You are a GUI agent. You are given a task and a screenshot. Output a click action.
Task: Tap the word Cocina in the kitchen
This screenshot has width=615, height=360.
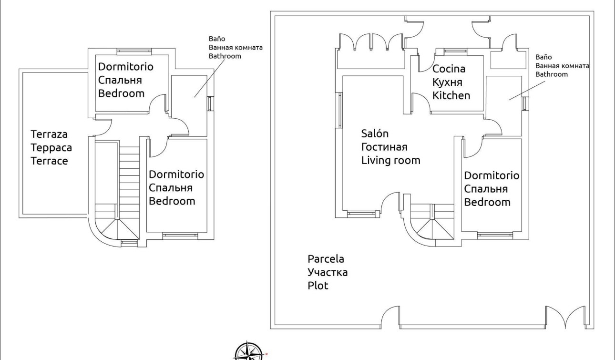(449, 69)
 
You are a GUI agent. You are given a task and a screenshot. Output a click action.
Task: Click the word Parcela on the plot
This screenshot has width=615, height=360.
(326, 259)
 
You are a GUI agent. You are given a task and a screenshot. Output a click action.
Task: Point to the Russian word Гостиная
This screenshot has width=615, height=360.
(384, 147)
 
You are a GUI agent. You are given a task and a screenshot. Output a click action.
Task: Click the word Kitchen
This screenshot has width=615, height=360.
(451, 95)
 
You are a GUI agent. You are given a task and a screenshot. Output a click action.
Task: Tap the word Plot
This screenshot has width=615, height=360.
(318, 286)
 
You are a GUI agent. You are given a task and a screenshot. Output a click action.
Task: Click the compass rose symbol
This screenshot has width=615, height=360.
(247, 351)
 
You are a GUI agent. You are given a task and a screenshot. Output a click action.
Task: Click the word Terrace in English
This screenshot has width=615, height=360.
(49, 161)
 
